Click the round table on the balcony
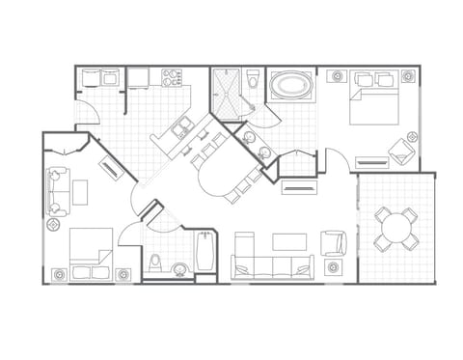pyautogui.click(x=395, y=228)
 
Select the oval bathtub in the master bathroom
pyautogui.click(x=290, y=86)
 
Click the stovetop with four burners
pyautogui.click(x=173, y=76)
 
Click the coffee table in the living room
pyautogui.click(x=288, y=241)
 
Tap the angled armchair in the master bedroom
pyautogui.click(x=400, y=150)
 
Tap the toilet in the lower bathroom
pyautogui.click(x=155, y=262)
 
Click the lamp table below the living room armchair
pyautogui.click(x=334, y=267)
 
